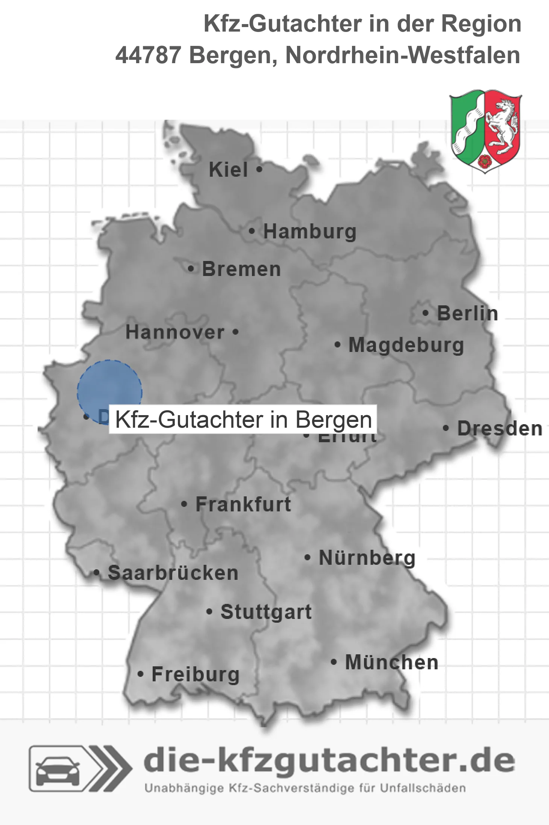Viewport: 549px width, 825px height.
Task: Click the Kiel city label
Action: click(x=228, y=170)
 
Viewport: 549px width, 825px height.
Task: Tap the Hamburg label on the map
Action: click(x=309, y=232)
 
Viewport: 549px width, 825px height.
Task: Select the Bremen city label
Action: click(x=241, y=269)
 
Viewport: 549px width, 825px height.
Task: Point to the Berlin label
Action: click(x=467, y=314)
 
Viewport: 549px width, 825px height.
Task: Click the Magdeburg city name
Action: click(x=406, y=345)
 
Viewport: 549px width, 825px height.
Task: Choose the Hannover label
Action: click(x=175, y=332)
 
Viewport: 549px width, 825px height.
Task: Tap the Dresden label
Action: click(x=500, y=429)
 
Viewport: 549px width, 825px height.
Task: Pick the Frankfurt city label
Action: click(x=243, y=504)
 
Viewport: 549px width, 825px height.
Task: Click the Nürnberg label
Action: click(x=367, y=558)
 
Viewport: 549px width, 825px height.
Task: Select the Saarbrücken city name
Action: click(x=173, y=573)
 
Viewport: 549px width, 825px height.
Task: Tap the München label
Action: click(x=392, y=662)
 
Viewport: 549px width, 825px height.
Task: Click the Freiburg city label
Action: click(x=196, y=674)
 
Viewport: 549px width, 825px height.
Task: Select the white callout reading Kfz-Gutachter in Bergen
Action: click(x=243, y=419)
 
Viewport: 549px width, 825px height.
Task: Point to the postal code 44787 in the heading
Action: click(x=148, y=55)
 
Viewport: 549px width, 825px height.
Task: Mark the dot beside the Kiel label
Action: click(x=259, y=170)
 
